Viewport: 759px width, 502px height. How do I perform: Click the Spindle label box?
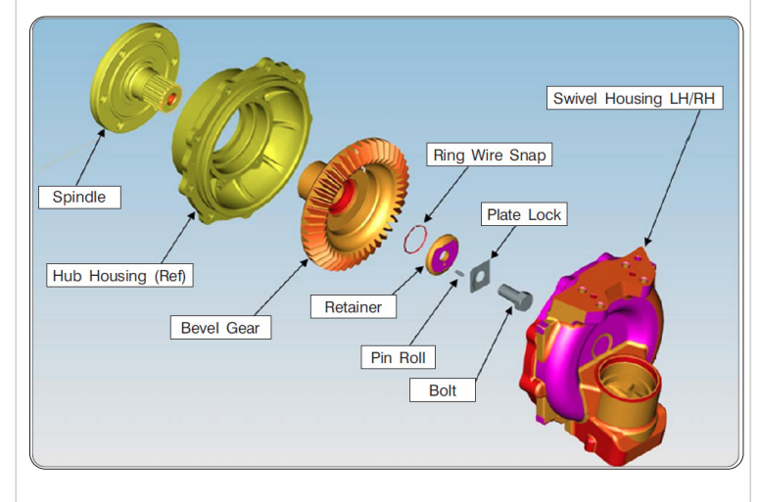tap(79, 198)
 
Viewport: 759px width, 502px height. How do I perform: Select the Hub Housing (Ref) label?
tap(119, 276)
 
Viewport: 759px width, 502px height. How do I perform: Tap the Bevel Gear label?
tap(220, 328)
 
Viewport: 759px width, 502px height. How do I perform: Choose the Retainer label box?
tap(354, 306)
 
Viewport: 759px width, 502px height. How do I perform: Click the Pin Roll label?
tap(398, 357)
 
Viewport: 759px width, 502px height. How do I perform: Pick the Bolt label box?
tap(443, 389)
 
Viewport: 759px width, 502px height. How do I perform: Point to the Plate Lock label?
tap(524, 214)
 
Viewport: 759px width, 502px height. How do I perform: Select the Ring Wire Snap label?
tap(489, 155)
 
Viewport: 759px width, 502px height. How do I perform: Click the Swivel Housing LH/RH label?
tap(635, 98)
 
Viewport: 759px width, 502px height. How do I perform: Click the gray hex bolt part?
tap(515, 296)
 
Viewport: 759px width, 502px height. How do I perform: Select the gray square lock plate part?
tap(479, 277)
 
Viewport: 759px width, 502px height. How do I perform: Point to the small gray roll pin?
tap(459, 273)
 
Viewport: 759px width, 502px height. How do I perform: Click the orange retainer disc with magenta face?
tap(442, 254)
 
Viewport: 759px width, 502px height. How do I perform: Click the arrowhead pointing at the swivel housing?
tap(647, 242)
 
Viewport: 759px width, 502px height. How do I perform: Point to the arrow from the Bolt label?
tap(494, 342)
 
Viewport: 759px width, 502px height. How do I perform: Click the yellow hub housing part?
tap(242, 140)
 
